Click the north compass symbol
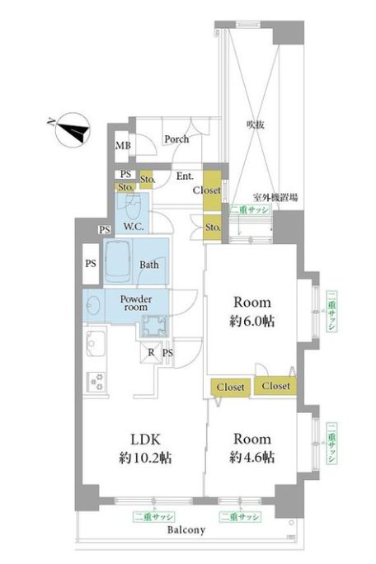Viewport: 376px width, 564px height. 73,129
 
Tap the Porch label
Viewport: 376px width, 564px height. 176,139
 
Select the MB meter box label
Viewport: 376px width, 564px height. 123,146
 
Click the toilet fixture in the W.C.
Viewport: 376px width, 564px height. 133,205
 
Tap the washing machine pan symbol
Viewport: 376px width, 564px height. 154,326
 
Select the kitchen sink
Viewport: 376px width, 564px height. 96,344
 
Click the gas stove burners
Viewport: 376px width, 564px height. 96,382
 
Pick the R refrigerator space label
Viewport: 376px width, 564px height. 152,352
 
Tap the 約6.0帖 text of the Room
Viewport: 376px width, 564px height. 251,321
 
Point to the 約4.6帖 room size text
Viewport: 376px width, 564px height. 251,457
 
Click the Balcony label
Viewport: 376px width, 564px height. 186,530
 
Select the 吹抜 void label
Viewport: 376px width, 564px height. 256,125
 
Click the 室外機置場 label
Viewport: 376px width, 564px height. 275,197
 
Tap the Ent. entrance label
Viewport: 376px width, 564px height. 185,176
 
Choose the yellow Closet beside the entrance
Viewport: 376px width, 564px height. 212,190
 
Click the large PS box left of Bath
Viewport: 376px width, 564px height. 91,264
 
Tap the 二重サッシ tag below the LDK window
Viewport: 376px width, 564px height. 153,517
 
